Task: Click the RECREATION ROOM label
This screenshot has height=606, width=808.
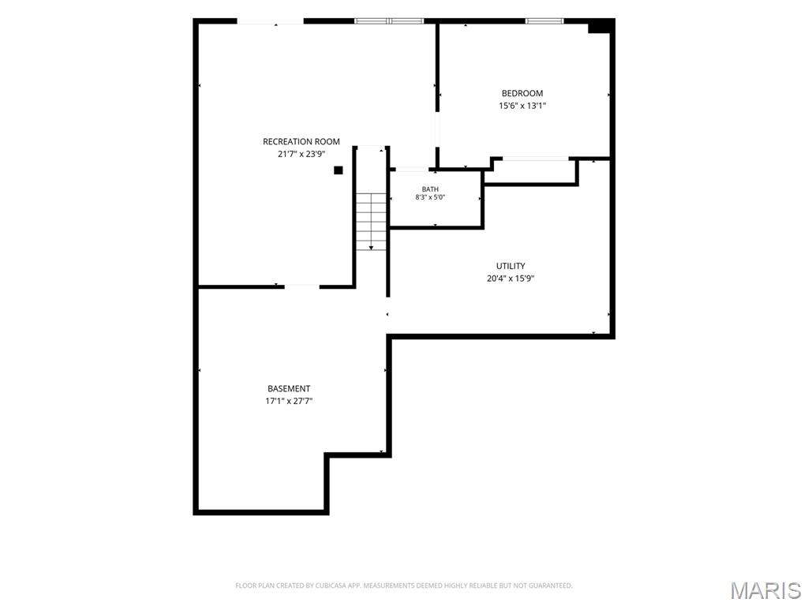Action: click(301, 142)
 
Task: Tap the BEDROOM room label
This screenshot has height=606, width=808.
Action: click(522, 93)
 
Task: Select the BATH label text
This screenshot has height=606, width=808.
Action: click(430, 189)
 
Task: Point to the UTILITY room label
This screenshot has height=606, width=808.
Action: click(511, 266)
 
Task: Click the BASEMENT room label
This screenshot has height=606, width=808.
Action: click(289, 388)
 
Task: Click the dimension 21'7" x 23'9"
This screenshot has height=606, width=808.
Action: click(301, 154)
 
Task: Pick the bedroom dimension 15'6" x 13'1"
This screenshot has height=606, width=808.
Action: click(522, 107)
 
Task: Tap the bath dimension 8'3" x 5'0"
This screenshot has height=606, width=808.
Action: click(430, 197)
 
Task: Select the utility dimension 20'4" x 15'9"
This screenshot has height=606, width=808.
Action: click(511, 279)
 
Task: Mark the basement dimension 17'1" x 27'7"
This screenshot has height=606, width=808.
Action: click(289, 402)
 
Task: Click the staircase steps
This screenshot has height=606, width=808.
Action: click(371, 222)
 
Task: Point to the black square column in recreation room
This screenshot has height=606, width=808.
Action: click(338, 170)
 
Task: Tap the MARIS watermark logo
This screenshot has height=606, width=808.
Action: click(765, 590)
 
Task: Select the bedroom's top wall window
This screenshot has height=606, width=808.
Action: click(544, 21)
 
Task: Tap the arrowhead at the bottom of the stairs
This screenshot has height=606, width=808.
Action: click(371, 249)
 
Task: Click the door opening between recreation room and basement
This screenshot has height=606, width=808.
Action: click(302, 286)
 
